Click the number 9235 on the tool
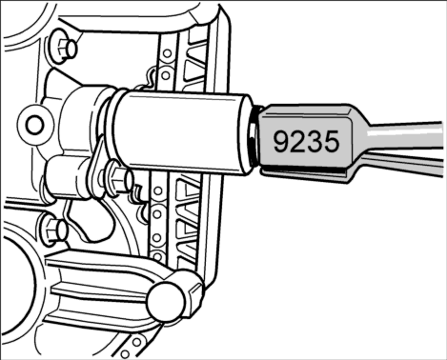306,142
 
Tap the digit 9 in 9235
281,142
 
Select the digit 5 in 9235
332,142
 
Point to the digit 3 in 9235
315,142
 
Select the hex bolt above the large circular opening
54,230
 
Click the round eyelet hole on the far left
34,125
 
